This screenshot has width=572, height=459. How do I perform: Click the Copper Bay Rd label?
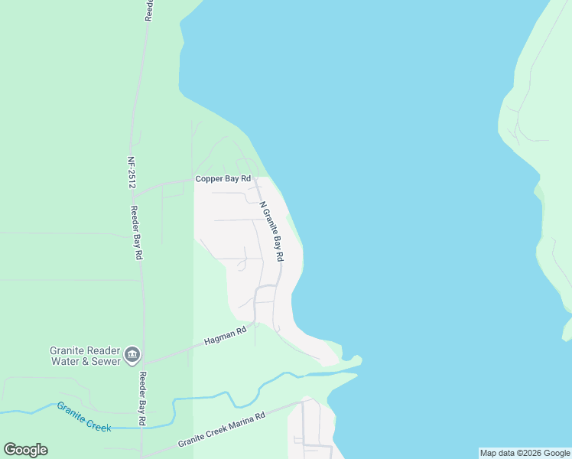223,179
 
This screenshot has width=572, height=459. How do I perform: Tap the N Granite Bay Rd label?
277,229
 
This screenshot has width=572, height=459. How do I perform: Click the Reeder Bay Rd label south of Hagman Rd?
142,398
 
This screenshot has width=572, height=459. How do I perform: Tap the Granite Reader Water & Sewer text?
86,356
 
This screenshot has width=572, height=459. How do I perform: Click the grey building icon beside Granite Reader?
132,353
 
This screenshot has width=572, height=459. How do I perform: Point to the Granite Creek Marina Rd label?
222,430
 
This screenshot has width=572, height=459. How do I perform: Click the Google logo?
25,450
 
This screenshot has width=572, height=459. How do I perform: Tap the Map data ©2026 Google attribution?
525,453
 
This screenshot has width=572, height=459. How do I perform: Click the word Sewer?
106,361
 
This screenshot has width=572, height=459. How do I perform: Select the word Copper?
206,179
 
